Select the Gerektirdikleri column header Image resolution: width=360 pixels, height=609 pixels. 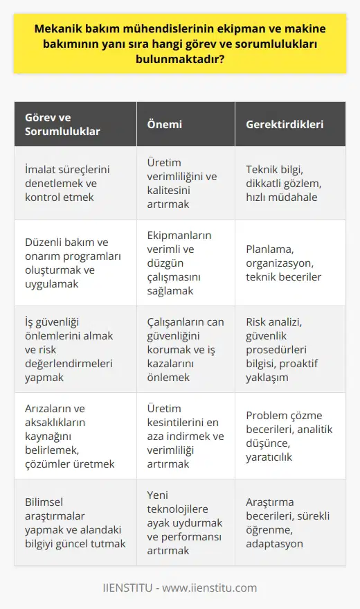pyautogui.click(x=285, y=125)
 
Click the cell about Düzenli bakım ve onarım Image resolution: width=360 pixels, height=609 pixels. pyautogui.click(x=71, y=263)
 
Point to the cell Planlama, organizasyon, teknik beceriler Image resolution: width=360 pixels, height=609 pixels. pyautogui.click(x=287, y=263)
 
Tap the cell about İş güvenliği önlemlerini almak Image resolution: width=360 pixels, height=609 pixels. pyautogui.click(x=71, y=350)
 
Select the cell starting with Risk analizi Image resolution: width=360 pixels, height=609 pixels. pyautogui.click(x=287, y=350)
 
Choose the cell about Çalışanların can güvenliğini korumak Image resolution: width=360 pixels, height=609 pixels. pyautogui.click(x=183, y=350)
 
